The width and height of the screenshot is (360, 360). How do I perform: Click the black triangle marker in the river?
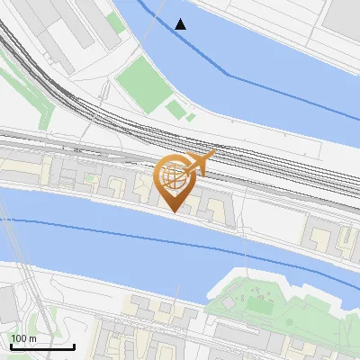pos(181,24)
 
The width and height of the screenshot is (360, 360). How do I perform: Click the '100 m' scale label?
pos(23,337)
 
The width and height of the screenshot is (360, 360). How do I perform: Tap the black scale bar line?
pos(42,346)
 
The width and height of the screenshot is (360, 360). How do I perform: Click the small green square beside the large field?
pos(175,110)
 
